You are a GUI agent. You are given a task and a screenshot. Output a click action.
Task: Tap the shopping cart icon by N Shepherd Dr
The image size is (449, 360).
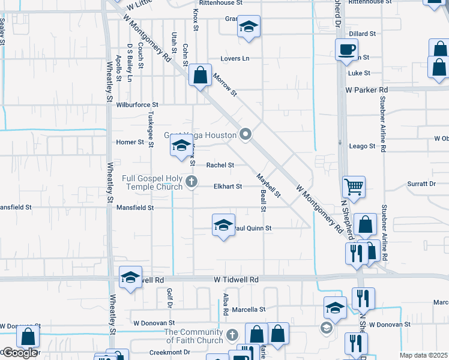coord(354,186)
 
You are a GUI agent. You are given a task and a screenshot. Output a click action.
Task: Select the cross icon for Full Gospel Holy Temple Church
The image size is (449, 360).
coord(192,181)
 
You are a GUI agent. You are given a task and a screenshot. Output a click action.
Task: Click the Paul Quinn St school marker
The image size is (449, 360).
coord(223,226)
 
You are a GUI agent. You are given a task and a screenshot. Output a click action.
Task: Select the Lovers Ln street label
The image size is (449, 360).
coord(234,59)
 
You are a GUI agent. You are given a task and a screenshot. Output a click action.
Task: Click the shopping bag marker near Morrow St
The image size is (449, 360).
coord(200,76)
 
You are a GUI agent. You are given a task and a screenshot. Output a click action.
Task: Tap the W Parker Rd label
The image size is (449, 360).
coord(367,89)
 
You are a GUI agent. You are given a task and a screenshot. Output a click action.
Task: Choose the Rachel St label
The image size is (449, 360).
coord(220,165)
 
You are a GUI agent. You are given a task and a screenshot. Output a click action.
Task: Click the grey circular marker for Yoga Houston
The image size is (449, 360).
coord(245,135)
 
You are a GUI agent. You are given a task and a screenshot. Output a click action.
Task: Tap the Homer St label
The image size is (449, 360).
coord(130,143)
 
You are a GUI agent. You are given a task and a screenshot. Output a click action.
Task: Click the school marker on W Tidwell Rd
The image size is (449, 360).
coord(130,277)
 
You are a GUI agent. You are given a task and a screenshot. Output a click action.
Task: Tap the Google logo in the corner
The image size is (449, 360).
coord(19,353)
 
